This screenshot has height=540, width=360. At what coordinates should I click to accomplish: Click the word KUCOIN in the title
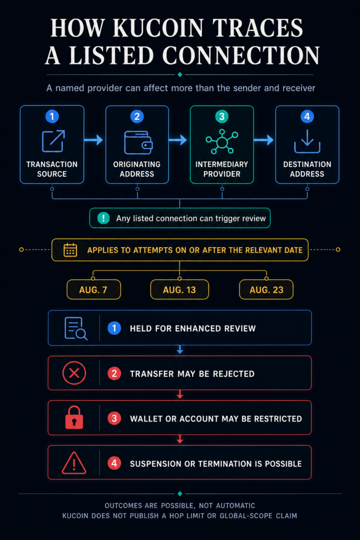pyautogui.click(x=159, y=28)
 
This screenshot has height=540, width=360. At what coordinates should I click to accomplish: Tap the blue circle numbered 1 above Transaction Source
pyautogui.click(x=52, y=116)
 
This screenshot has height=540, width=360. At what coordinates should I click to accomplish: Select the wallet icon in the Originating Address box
pyautogui.click(x=138, y=142)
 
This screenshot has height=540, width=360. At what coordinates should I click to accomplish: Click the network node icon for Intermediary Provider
pyautogui.click(x=222, y=142)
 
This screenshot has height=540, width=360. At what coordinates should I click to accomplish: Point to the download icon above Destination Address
pyautogui.click(x=307, y=142)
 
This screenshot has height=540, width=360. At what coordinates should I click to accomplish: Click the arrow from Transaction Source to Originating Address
pyautogui.click(x=93, y=140)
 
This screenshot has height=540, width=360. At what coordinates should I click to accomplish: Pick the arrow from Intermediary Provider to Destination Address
pyautogui.click(x=264, y=140)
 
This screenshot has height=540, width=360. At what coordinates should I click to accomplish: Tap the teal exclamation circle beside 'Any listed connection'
pyautogui.click(x=103, y=218)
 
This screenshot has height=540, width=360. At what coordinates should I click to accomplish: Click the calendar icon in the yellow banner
pyautogui.click(x=70, y=250)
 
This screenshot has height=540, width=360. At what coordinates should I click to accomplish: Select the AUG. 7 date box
pyautogui.click(x=94, y=289)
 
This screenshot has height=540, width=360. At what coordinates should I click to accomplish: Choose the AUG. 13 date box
pyautogui.click(x=179, y=289)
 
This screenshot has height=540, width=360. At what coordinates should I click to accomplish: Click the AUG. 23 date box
pyautogui.click(x=266, y=289)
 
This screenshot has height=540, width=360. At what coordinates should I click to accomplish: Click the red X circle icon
pyautogui.click(x=74, y=373)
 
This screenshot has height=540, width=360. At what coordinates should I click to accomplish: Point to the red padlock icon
pyautogui.click(x=74, y=417)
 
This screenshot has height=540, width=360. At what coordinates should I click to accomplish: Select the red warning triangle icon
pyautogui.click(x=74, y=463)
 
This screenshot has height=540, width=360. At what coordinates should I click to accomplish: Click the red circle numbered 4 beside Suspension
pyautogui.click(x=114, y=463)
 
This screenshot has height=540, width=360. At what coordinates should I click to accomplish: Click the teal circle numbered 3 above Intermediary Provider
pyautogui.click(x=222, y=116)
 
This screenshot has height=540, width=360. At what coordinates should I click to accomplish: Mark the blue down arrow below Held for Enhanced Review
pyautogui.click(x=180, y=350)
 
